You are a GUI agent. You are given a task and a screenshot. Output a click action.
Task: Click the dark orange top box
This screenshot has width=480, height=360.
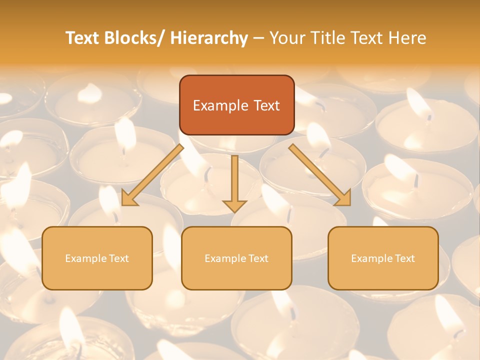click(236, 105)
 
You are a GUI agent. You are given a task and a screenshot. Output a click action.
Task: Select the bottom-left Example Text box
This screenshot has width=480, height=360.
click(97, 258)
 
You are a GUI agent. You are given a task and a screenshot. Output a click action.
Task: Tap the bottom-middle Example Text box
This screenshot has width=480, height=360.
click(236, 258)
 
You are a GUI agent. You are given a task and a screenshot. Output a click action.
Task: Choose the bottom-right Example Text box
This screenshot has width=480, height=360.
click(383, 258)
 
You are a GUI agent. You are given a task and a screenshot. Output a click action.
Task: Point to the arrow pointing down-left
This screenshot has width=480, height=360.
click(152, 175)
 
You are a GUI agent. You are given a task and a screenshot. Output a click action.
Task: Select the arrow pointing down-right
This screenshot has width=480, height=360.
click(320, 175)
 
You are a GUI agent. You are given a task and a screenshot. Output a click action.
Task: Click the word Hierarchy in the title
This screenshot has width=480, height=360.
click(208, 38)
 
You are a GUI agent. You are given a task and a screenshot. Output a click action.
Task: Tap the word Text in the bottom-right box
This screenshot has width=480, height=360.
click(405, 258)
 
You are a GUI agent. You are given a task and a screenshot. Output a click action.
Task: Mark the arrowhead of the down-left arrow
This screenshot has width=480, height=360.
click(129, 198)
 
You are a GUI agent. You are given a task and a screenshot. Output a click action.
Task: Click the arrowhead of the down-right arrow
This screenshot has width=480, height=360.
click(343, 198)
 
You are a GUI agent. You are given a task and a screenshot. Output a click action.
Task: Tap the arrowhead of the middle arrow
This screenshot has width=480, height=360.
click(234, 205)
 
